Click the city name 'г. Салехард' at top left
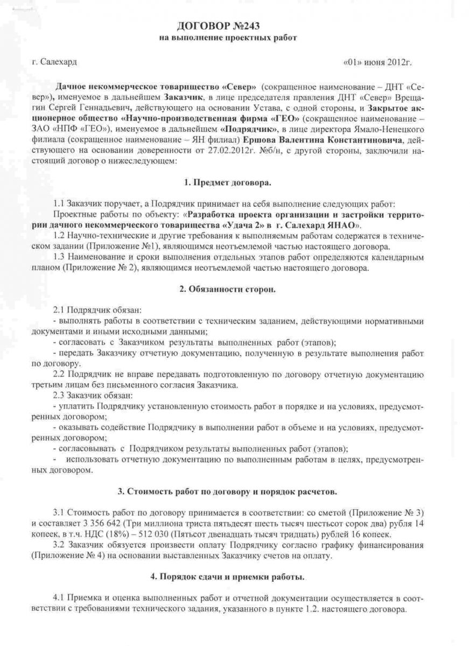pyautogui.click(x=54, y=62)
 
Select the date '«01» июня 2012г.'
pyautogui.click(x=377, y=62)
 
